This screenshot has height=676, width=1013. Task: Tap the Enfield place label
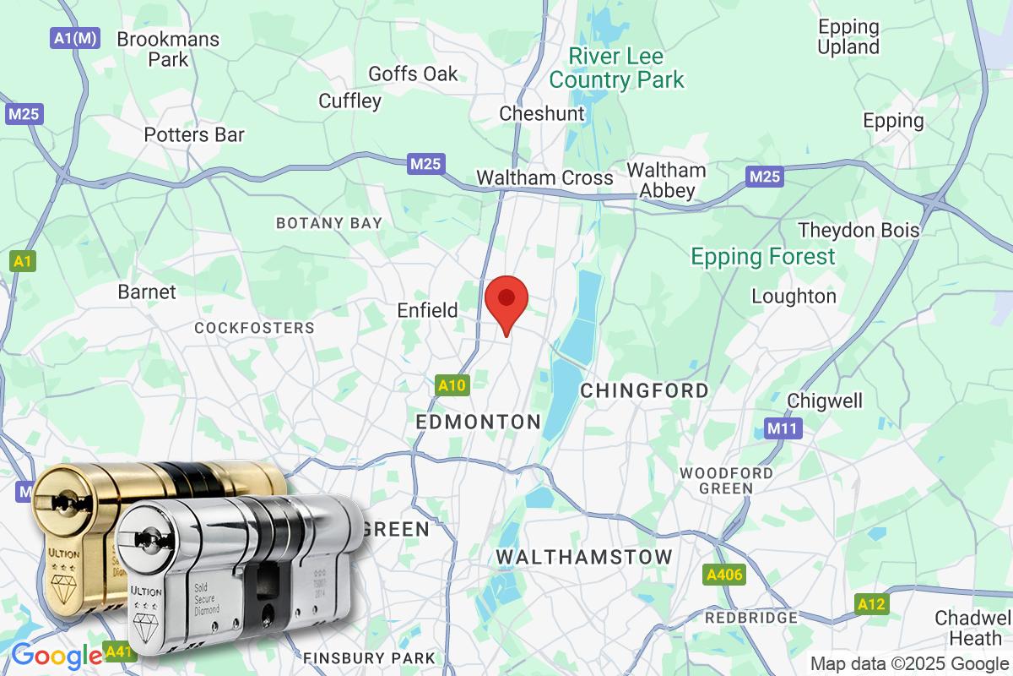point(428,310)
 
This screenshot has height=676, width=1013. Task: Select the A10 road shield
point(452,386)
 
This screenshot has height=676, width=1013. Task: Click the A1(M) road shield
point(72,38)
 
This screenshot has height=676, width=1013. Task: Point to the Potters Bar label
point(194,134)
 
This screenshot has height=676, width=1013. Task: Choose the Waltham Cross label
point(544,177)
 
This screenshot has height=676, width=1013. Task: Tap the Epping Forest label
point(763,256)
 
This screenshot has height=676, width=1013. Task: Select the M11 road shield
point(783,428)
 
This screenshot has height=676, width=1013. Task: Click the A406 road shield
point(724,575)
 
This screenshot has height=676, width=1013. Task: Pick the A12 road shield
point(872,604)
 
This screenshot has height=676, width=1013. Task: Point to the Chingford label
point(645,390)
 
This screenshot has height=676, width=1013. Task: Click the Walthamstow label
point(583,557)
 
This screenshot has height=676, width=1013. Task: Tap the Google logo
point(56,655)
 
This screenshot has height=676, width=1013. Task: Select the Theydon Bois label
point(859,230)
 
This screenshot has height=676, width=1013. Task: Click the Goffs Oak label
point(414,74)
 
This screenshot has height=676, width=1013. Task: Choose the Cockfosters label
point(254,327)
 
